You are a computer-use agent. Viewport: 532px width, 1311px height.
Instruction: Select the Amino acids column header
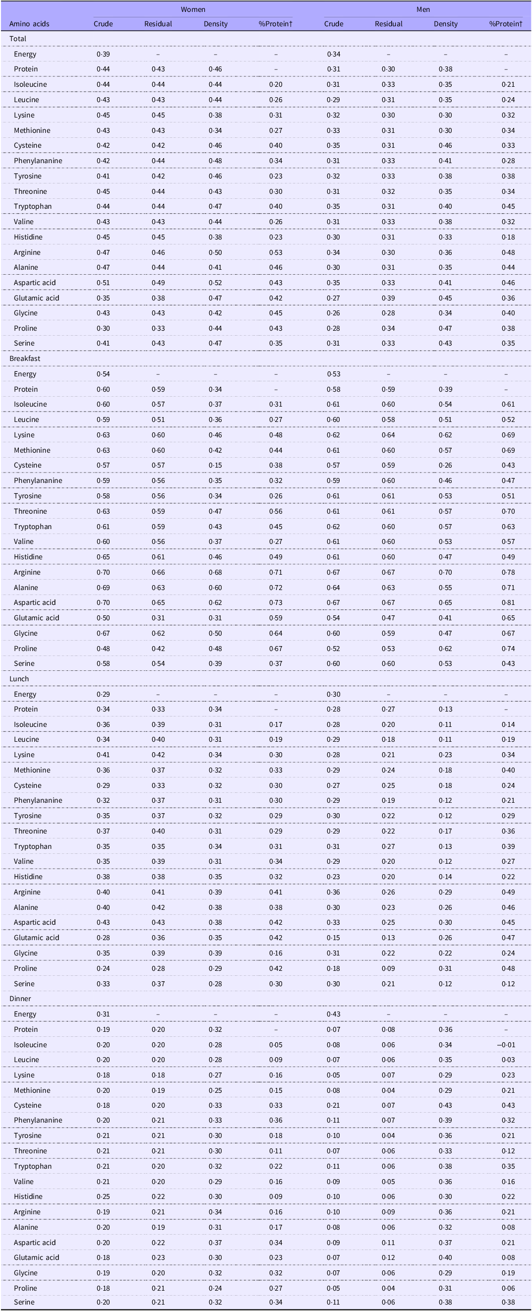[30, 24]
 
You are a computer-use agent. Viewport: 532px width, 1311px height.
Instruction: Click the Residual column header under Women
[158, 24]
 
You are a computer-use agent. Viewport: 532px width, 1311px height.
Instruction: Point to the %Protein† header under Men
[506, 24]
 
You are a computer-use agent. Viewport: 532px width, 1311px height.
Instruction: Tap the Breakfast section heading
[25, 358]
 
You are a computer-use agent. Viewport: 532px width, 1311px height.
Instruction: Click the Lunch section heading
[19, 678]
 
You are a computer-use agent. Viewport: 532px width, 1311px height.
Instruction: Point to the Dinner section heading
[20, 999]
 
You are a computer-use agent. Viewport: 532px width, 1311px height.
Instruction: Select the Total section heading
[18, 39]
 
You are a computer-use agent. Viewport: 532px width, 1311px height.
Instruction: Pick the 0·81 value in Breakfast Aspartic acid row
[508, 602]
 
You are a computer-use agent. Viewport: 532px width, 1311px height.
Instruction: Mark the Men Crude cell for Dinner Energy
[334, 1014]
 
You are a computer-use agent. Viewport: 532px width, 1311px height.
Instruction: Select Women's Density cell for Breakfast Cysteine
[215, 465]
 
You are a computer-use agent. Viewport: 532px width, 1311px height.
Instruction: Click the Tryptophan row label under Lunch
[33, 846]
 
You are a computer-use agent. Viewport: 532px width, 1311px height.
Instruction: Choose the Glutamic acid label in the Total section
[37, 298]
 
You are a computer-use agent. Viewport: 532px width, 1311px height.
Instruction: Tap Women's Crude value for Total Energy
[103, 54]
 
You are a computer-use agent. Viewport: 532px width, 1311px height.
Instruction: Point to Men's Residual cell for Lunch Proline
[388, 968]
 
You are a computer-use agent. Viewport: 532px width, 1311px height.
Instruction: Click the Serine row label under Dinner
[24, 1302]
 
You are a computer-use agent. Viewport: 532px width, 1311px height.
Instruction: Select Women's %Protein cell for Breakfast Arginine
[275, 572]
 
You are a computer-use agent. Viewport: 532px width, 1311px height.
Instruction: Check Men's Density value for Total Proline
[445, 328]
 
